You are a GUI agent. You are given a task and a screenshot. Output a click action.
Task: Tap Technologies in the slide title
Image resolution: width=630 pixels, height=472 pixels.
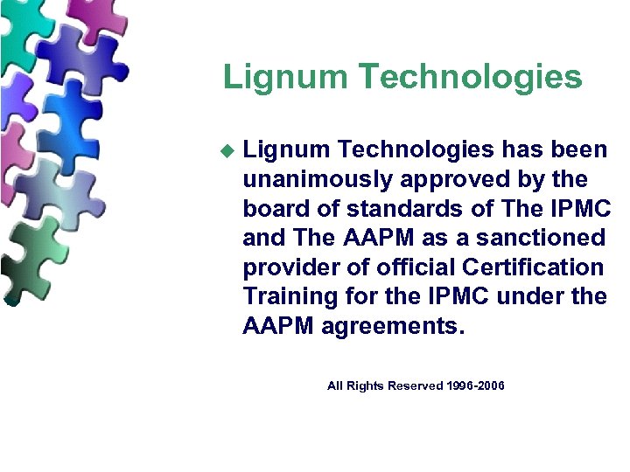coord(471,77)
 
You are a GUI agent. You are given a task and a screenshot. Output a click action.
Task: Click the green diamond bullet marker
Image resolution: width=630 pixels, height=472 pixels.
coord(228,151)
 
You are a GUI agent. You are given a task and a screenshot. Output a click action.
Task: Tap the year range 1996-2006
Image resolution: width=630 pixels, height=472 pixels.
coord(476,386)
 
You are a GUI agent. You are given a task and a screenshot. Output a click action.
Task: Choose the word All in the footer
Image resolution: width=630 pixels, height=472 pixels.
coord(335,386)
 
